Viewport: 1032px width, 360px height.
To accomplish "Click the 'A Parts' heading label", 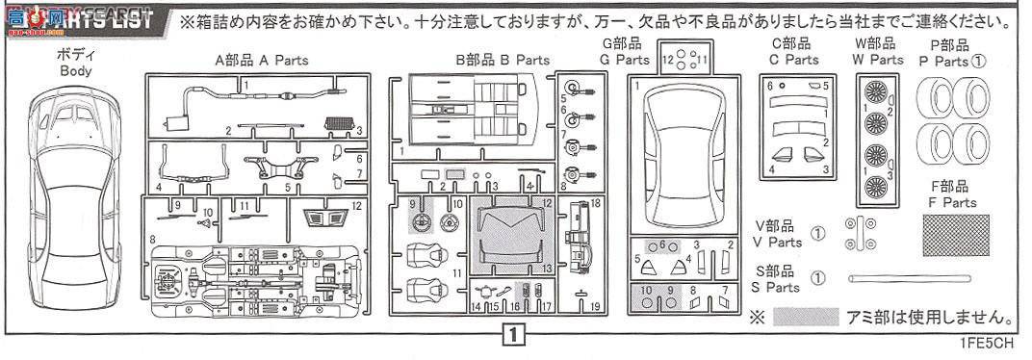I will pyautogui.click(x=262, y=60).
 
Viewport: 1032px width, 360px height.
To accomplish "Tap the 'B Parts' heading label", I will pyautogui.click(x=503, y=60).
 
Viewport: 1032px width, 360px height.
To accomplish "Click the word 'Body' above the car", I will pyautogui.click(x=75, y=70).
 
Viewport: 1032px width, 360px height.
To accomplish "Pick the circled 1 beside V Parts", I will pyautogui.click(x=817, y=233).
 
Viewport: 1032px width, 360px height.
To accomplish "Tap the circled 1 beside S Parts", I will pyautogui.click(x=817, y=278).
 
